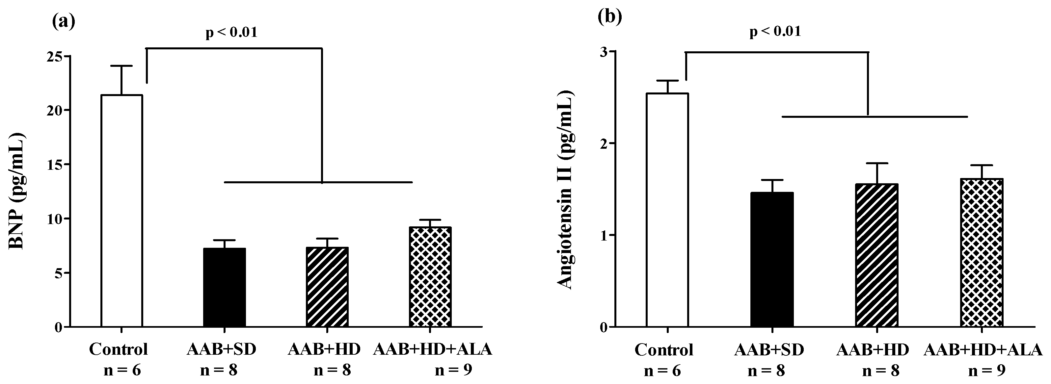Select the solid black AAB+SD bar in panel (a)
pos(225,287)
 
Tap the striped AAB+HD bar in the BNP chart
pos(327,287)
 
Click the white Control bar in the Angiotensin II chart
pos(667,210)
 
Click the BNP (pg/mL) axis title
pos(16,191)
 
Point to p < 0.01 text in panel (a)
pos(231,32)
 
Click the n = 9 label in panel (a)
pos(453,370)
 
